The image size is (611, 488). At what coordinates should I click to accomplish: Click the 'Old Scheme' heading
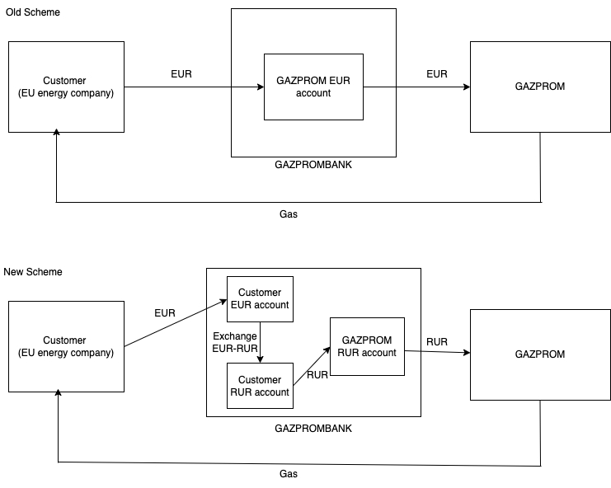[x=32, y=13]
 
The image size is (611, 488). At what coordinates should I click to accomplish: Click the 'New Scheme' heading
[x=33, y=272]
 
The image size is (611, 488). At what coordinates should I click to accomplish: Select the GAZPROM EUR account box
[x=313, y=87]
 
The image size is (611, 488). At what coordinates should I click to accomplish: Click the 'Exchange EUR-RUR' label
[x=235, y=342]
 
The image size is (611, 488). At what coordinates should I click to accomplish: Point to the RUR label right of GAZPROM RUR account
[x=437, y=341]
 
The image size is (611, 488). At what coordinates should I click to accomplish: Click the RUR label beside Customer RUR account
[x=317, y=375]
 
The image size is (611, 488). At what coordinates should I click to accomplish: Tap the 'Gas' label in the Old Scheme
[x=289, y=213]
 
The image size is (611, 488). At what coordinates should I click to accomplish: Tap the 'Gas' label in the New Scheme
[x=289, y=474]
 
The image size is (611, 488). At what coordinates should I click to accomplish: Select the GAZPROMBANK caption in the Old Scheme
[x=313, y=165]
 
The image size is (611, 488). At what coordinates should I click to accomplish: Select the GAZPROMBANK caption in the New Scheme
[x=313, y=429]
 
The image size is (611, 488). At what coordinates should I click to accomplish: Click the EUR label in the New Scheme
[x=165, y=313]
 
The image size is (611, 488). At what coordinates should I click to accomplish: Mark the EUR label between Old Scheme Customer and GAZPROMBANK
[x=181, y=74]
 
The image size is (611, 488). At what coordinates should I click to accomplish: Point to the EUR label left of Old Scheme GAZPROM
[x=437, y=74]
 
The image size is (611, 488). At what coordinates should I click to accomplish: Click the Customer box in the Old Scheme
[x=66, y=87]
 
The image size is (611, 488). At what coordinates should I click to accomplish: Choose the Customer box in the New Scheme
[x=66, y=346]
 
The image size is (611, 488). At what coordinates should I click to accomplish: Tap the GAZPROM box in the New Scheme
[x=540, y=354]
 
